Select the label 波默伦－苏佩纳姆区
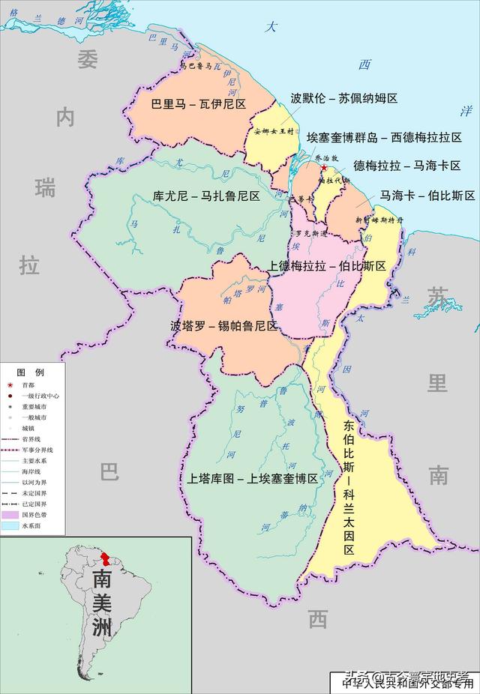click(x=344, y=99)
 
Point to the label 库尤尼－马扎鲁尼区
click(x=206, y=196)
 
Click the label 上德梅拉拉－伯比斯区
click(x=327, y=266)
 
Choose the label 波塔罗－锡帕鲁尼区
click(x=224, y=326)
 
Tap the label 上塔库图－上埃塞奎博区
click(x=249, y=478)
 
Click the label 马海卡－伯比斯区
click(x=427, y=196)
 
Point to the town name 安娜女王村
click(x=275, y=132)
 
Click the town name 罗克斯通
click(x=310, y=235)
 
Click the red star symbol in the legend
click(x=10, y=385)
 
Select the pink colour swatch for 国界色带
click(x=10, y=515)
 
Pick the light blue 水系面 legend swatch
click(x=10, y=526)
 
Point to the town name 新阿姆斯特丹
click(x=379, y=220)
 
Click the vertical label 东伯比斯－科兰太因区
click(x=349, y=487)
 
